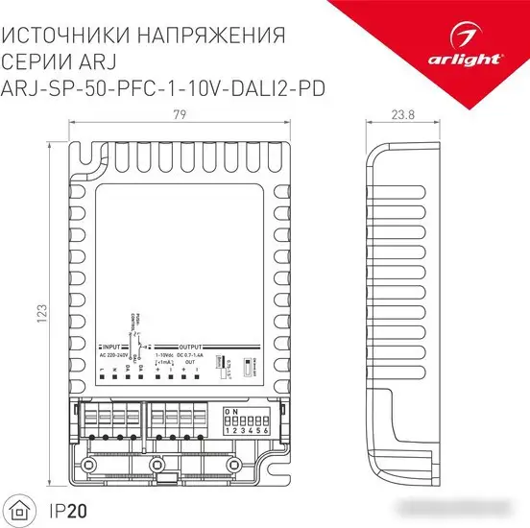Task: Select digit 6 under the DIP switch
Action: point(261,431)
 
